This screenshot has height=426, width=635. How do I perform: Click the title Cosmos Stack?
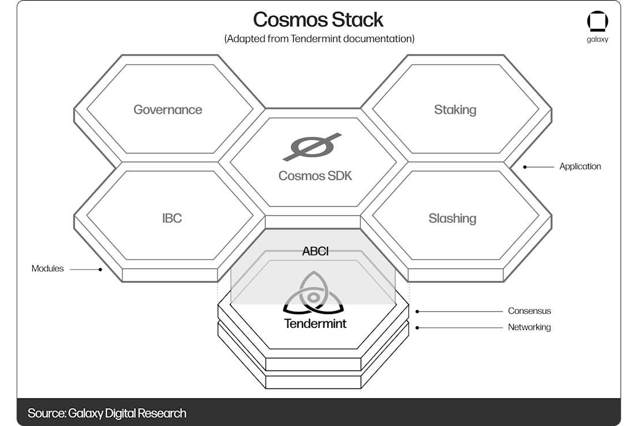click(x=318, y=20)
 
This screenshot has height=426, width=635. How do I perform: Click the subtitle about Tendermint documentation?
click(x=319, y=39)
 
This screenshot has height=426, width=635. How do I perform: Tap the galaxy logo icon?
click(x=597, y=22)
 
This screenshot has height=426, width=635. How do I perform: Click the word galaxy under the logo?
click(x=597, y=40)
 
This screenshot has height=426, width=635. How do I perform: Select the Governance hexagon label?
click(x=168, y=110)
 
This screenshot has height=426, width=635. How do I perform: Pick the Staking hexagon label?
click(x=455, y=110)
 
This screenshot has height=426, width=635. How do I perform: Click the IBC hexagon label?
click(x=172, y=218)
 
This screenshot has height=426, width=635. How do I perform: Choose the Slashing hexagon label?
click(x=452, y=218)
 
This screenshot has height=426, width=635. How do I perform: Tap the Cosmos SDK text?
click(x=315, y=175)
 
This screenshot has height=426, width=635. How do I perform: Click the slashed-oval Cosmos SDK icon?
click(x=312, y=147)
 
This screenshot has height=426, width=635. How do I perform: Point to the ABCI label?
click(x=315, y=252)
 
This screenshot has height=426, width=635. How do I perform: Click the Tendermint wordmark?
click(x=315, y=323)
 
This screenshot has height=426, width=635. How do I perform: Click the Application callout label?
click(x=580, y=167)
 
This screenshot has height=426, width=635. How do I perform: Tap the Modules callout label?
click(x=47, y=268)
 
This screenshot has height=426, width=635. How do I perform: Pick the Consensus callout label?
click(x=529, y=311)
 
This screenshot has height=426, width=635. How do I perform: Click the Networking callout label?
click(x=529, y=327)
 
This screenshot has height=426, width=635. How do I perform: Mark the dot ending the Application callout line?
click(x=525, y=167)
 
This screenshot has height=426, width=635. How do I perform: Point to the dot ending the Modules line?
click(x=100, y=269)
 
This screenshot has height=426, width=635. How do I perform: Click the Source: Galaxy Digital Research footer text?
click(x=107, y=413)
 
